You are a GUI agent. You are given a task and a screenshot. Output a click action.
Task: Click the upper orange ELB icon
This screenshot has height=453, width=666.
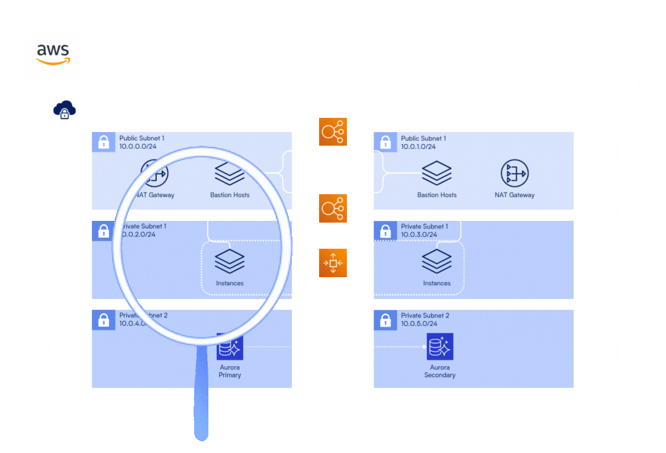coord(333,131)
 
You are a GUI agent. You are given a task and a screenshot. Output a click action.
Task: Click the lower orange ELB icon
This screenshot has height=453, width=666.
coord(333,208)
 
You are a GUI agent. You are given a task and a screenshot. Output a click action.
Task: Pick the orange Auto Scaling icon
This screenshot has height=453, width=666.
coord(333,263)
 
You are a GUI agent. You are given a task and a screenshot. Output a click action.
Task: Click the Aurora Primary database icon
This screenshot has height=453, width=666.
coord(230,348)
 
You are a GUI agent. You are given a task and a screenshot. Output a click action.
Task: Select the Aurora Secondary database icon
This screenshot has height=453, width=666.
coord(439,346)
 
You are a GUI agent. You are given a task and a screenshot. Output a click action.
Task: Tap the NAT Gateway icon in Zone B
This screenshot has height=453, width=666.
coord(514,174)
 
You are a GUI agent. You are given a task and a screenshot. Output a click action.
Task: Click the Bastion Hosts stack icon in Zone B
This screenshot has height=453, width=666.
coord(436,174)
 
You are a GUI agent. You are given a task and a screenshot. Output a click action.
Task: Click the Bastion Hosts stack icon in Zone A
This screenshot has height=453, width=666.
coord(230,174)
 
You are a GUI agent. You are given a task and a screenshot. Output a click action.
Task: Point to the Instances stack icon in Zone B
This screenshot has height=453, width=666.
coord(436,261)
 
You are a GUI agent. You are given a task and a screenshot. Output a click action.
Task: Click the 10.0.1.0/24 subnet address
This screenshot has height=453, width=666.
coord(419,146)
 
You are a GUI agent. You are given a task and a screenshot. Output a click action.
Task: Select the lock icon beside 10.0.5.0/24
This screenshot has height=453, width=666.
coord(385,320)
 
